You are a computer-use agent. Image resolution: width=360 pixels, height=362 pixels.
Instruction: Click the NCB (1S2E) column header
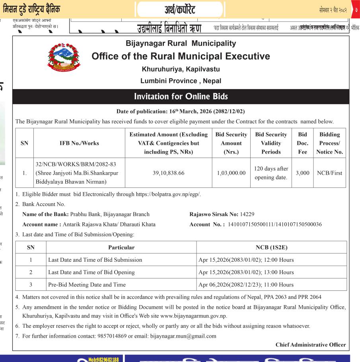pos(271,247)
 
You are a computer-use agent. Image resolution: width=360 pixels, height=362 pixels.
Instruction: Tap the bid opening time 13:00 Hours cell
pos(246,272)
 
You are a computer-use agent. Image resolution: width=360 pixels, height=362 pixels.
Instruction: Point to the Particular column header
pos(121,247)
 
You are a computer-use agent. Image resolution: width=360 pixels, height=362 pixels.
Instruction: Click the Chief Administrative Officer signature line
pos(310,344)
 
